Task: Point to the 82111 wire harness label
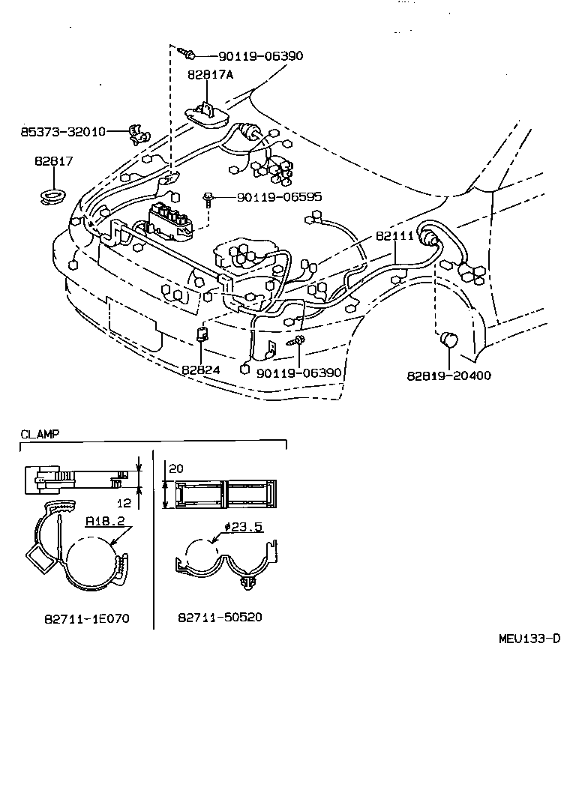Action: pyautogui.click(x=394, y=235)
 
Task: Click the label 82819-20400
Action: pyautogui.click(x=449, y=375)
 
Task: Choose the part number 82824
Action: pyautogui.click(x=200, y=369)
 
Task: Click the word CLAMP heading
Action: pyautogui.click(x=40, y=434)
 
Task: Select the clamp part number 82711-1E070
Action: pyautogui.click(x=86, y=618)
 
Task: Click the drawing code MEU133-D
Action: pyautogui.click(x=529, y=639)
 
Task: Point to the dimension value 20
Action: pyautogui.click(x=176, y=468)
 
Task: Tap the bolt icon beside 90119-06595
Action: pyautogui.click(x=208, y=198)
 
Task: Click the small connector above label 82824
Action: pyautogui.click(x=202, y=334)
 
